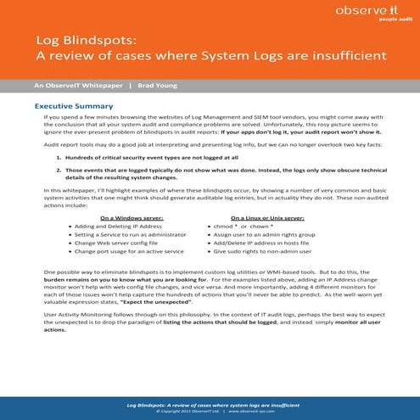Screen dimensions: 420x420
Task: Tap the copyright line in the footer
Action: coord(210,407)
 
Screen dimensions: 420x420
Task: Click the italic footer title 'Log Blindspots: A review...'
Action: coord(210,400)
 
